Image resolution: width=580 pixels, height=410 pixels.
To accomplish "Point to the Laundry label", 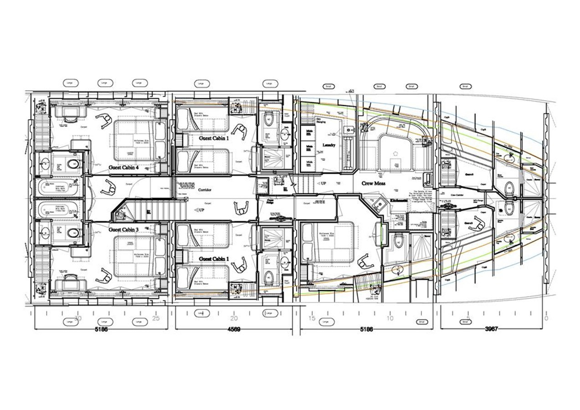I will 329,145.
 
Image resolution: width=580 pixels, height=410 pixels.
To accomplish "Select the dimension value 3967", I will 491,329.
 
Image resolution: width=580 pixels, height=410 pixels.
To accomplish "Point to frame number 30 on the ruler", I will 78,318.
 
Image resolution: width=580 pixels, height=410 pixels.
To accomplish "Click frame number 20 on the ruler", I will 234,318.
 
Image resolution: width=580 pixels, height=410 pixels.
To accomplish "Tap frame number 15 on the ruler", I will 312,318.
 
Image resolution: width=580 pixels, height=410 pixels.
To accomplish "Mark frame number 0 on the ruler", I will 546,318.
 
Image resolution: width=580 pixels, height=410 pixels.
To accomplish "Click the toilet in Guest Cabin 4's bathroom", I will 73,164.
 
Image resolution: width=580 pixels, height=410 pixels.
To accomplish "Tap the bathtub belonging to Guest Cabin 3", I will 58,211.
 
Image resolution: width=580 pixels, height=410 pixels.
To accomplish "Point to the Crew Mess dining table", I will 395,150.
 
